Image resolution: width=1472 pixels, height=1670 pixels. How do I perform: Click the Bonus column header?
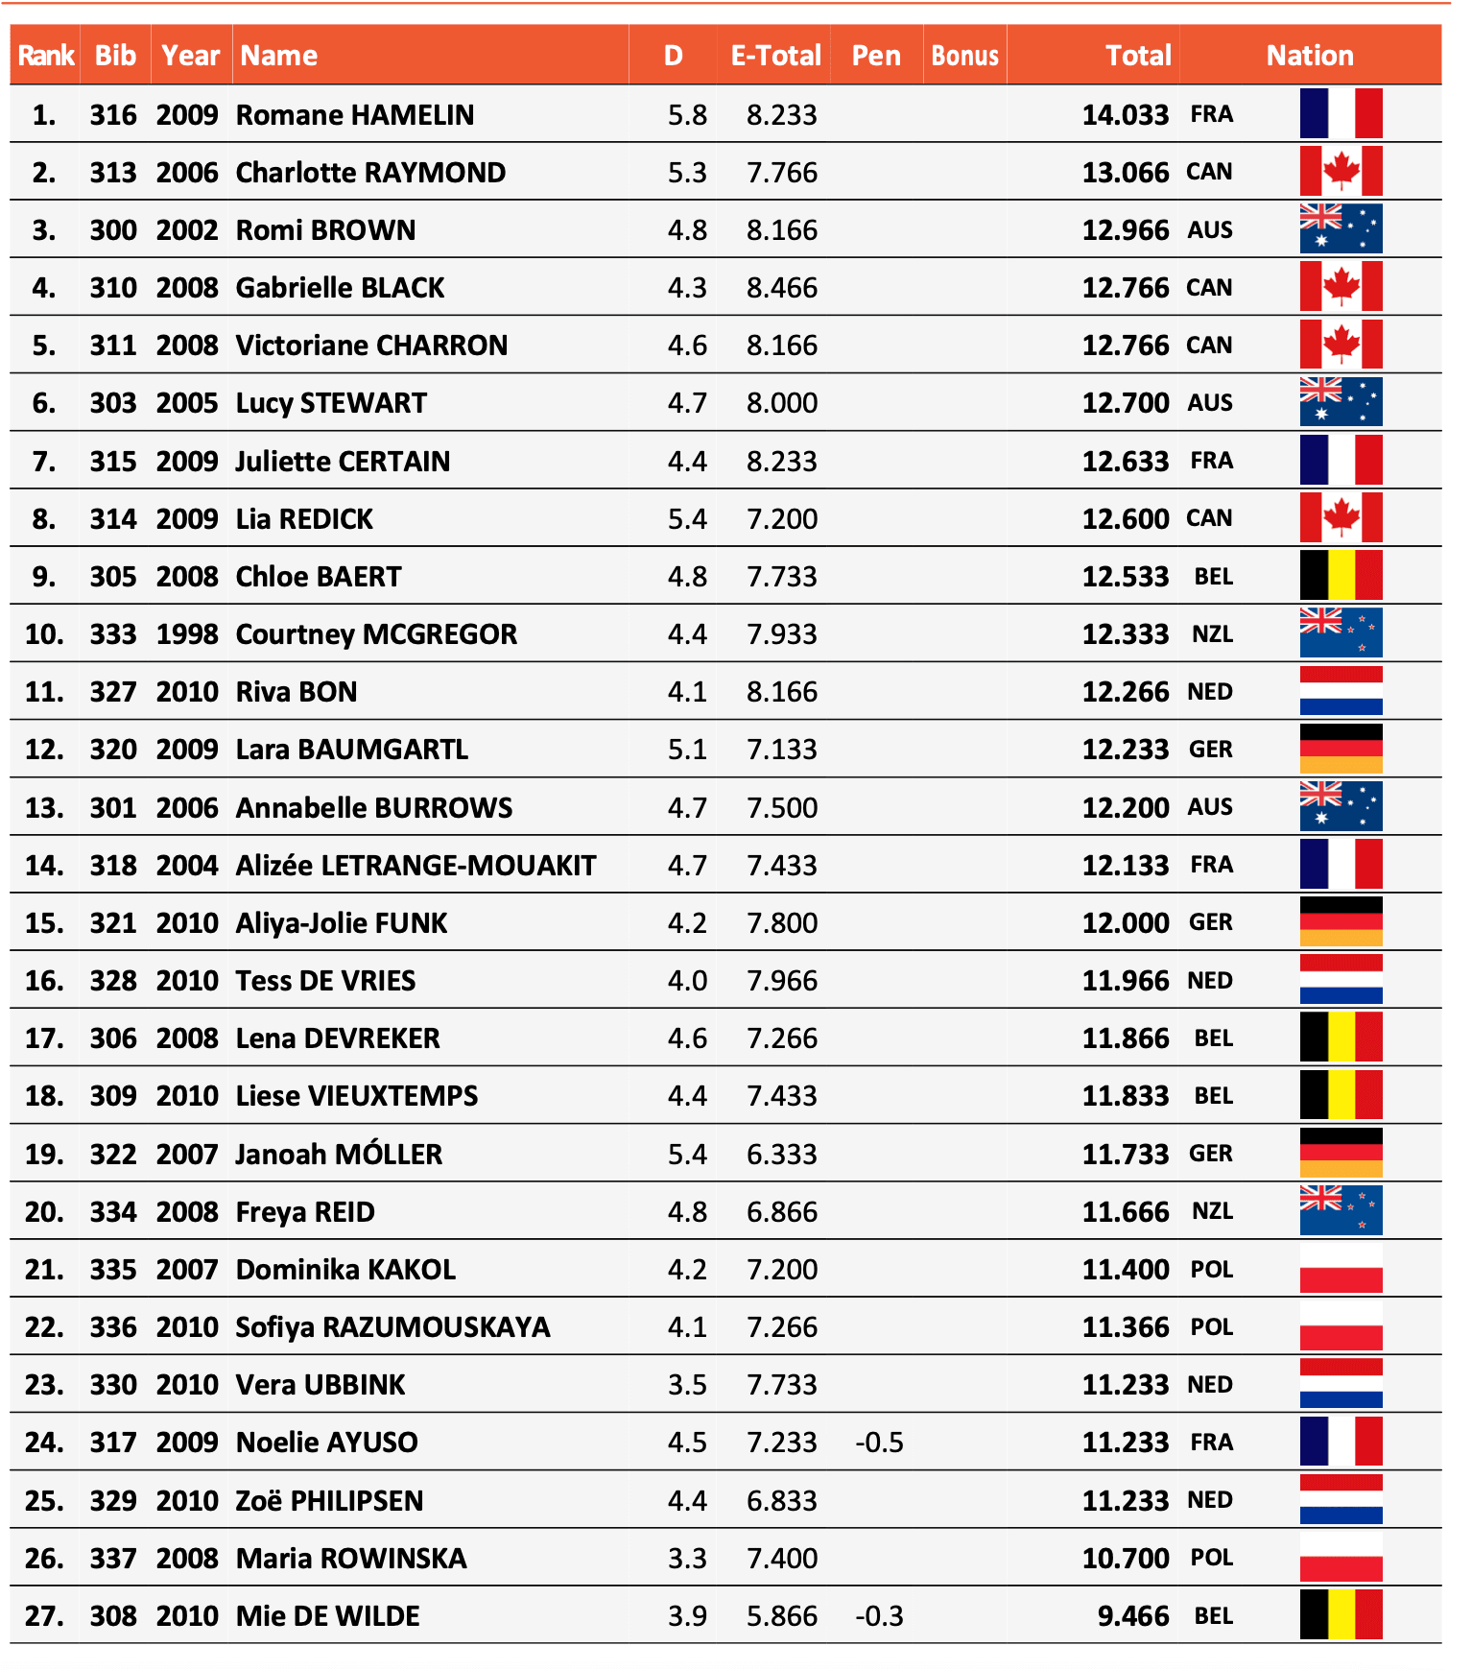click(964, 56)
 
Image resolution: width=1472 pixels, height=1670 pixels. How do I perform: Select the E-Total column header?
click(775, 56)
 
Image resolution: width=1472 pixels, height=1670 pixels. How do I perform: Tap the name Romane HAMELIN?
click(355, 115)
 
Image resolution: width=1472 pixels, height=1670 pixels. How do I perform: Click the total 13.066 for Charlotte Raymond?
click(1125, 173)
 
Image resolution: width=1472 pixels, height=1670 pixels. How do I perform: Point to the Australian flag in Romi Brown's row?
click(1341, 229)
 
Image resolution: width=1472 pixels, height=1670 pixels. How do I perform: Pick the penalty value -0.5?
click(879, 1443)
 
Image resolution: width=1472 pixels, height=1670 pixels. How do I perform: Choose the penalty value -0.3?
click(879, 1616)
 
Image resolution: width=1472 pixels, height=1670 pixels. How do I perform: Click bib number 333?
click(113, 634)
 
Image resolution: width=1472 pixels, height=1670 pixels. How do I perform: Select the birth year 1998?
click(187, 634)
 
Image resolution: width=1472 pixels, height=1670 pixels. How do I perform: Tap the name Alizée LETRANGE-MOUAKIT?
click(415, 866)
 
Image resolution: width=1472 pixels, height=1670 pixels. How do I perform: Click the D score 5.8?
click(687, 115)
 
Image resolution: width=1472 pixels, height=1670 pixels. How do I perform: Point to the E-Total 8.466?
click(782, 288)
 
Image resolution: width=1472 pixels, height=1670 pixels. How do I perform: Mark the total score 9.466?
click(1132, 1616)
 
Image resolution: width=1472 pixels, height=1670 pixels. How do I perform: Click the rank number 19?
click(44, 1154)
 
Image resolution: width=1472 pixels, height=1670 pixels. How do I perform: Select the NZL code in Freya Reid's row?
click(1212, 1211)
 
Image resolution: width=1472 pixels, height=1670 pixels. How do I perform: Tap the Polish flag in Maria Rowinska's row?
click(1341, 1558)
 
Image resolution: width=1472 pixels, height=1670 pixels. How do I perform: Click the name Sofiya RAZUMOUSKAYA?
click(392, 1327)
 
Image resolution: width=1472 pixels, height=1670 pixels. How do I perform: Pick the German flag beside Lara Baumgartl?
click(1341, 750)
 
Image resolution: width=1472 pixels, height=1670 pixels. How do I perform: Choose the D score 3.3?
click(687, 1558)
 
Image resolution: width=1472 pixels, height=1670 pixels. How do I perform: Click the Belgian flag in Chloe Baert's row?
click(1341, 576)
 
